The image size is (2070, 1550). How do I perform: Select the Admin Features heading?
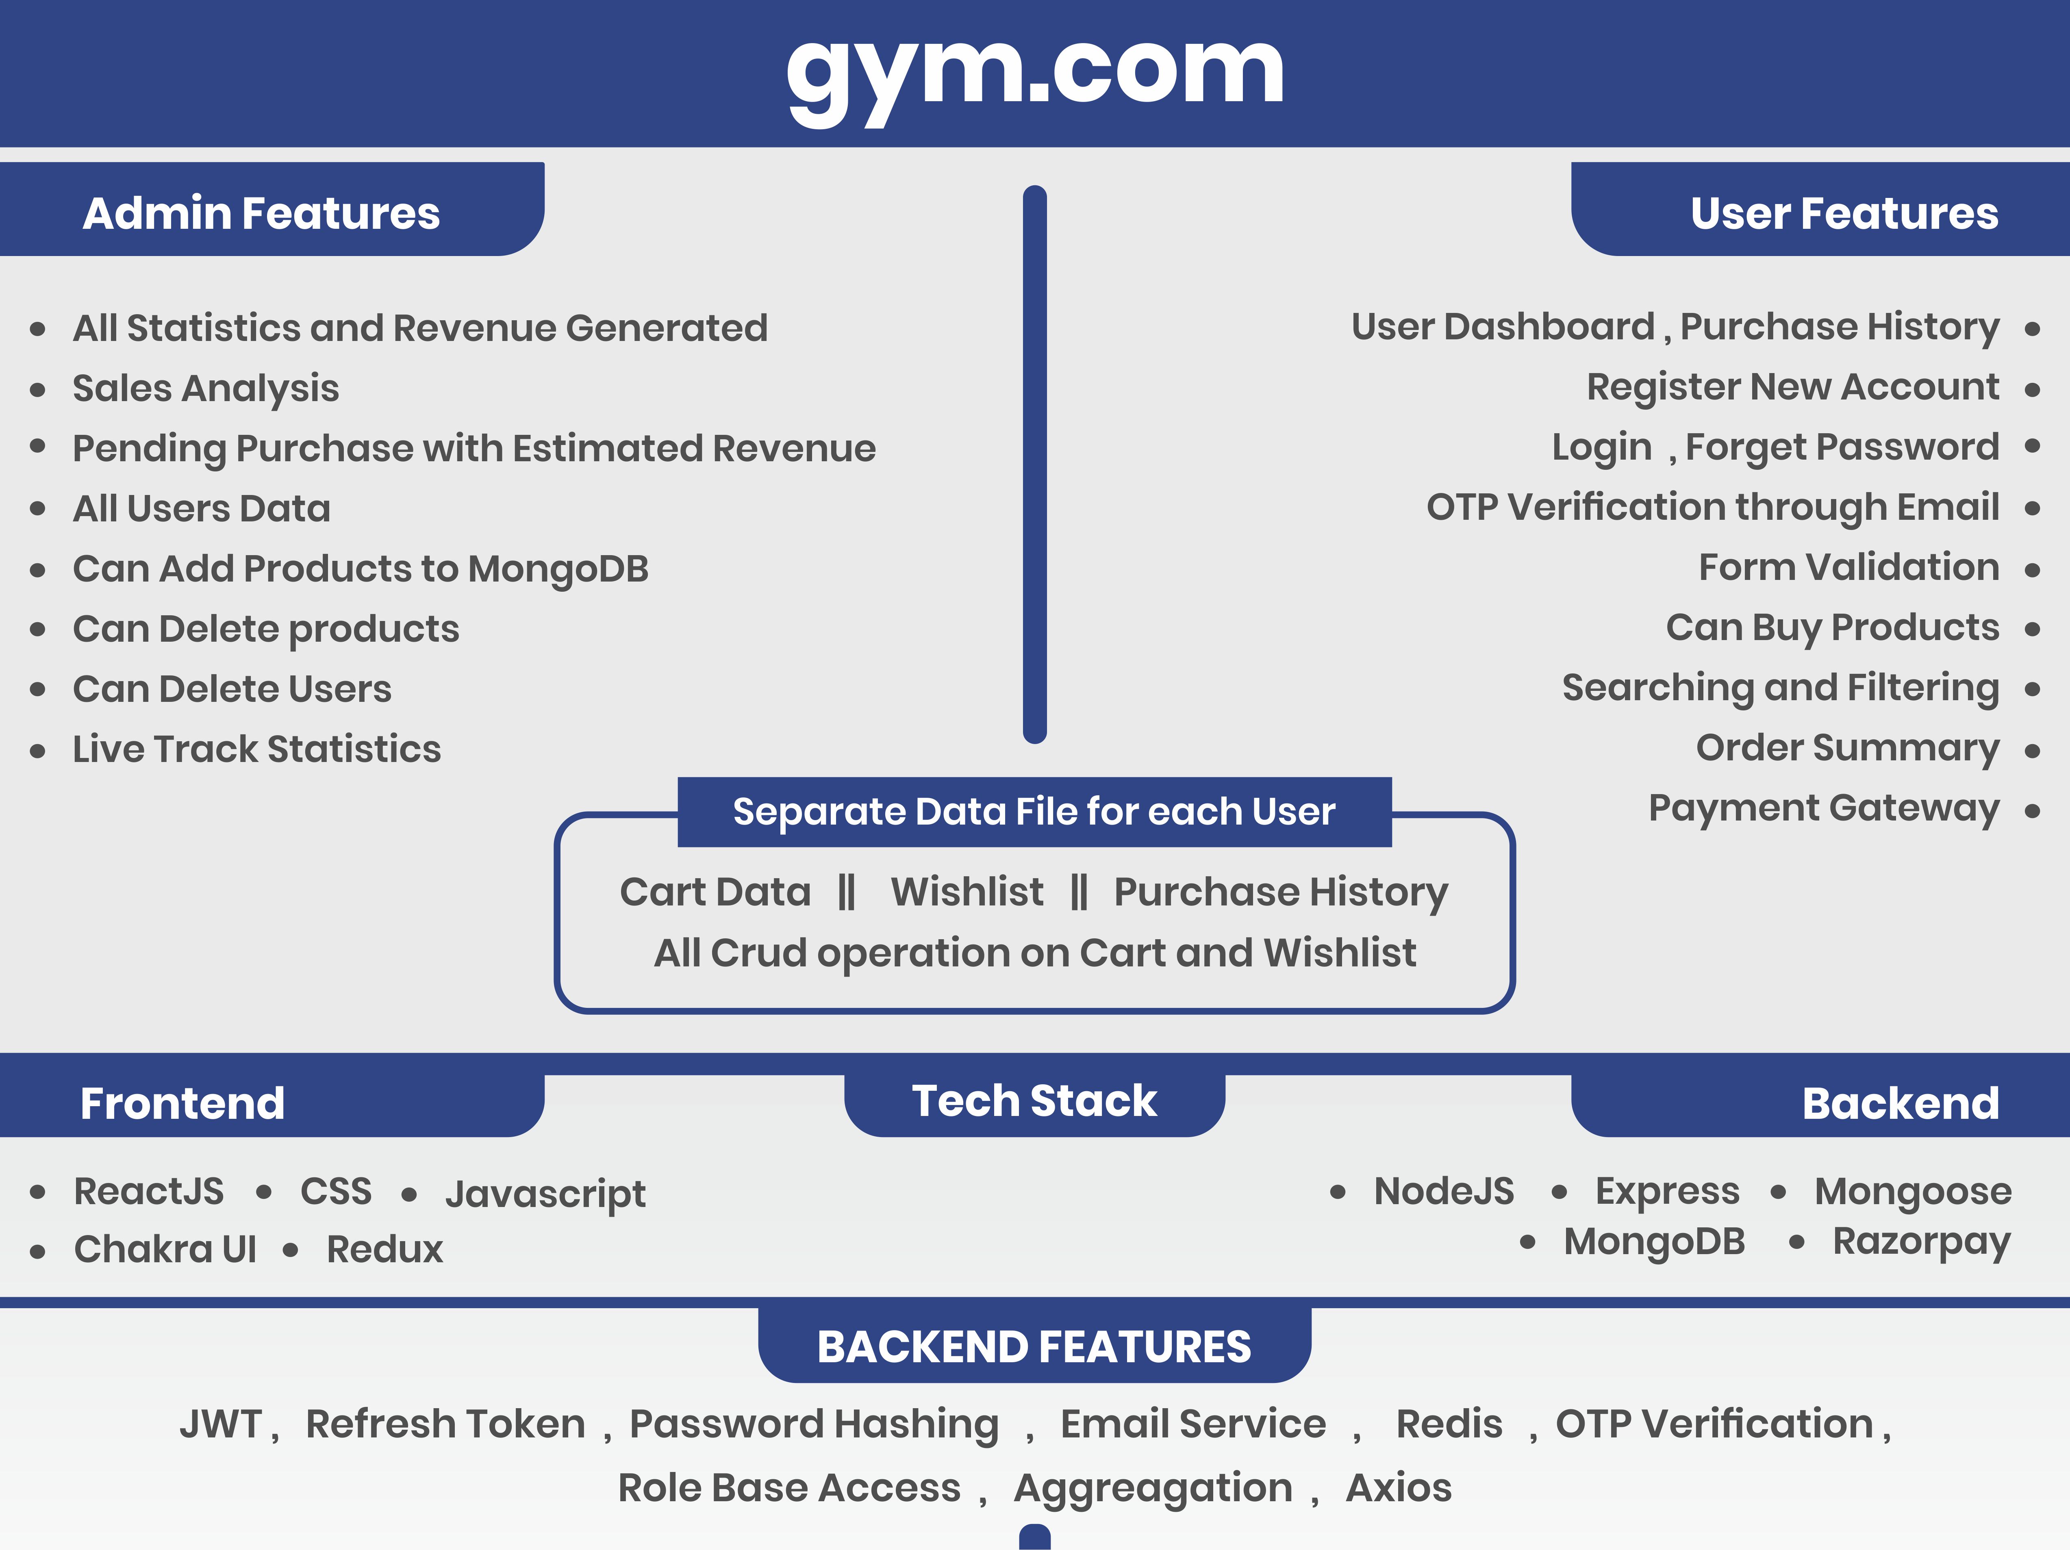click(261, 213)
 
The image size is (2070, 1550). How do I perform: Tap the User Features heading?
click(1844, 213)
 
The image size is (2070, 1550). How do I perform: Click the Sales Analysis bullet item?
click(206, 388)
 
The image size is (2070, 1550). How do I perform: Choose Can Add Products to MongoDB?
click(360, 569)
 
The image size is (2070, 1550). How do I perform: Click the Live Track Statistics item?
click(256, 749)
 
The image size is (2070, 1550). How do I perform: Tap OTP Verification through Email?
click(1712, 507)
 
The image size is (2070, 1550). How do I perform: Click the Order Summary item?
click(1847, 748)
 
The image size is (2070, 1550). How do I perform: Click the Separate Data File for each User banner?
click(1034, 812)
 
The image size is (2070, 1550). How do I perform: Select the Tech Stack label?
click(1034, 1101)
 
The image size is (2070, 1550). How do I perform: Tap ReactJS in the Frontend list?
click(149, 1192)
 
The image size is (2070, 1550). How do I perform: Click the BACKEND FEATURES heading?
click(1034, 1347)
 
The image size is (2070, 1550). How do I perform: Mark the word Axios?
click(1398, 1487)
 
